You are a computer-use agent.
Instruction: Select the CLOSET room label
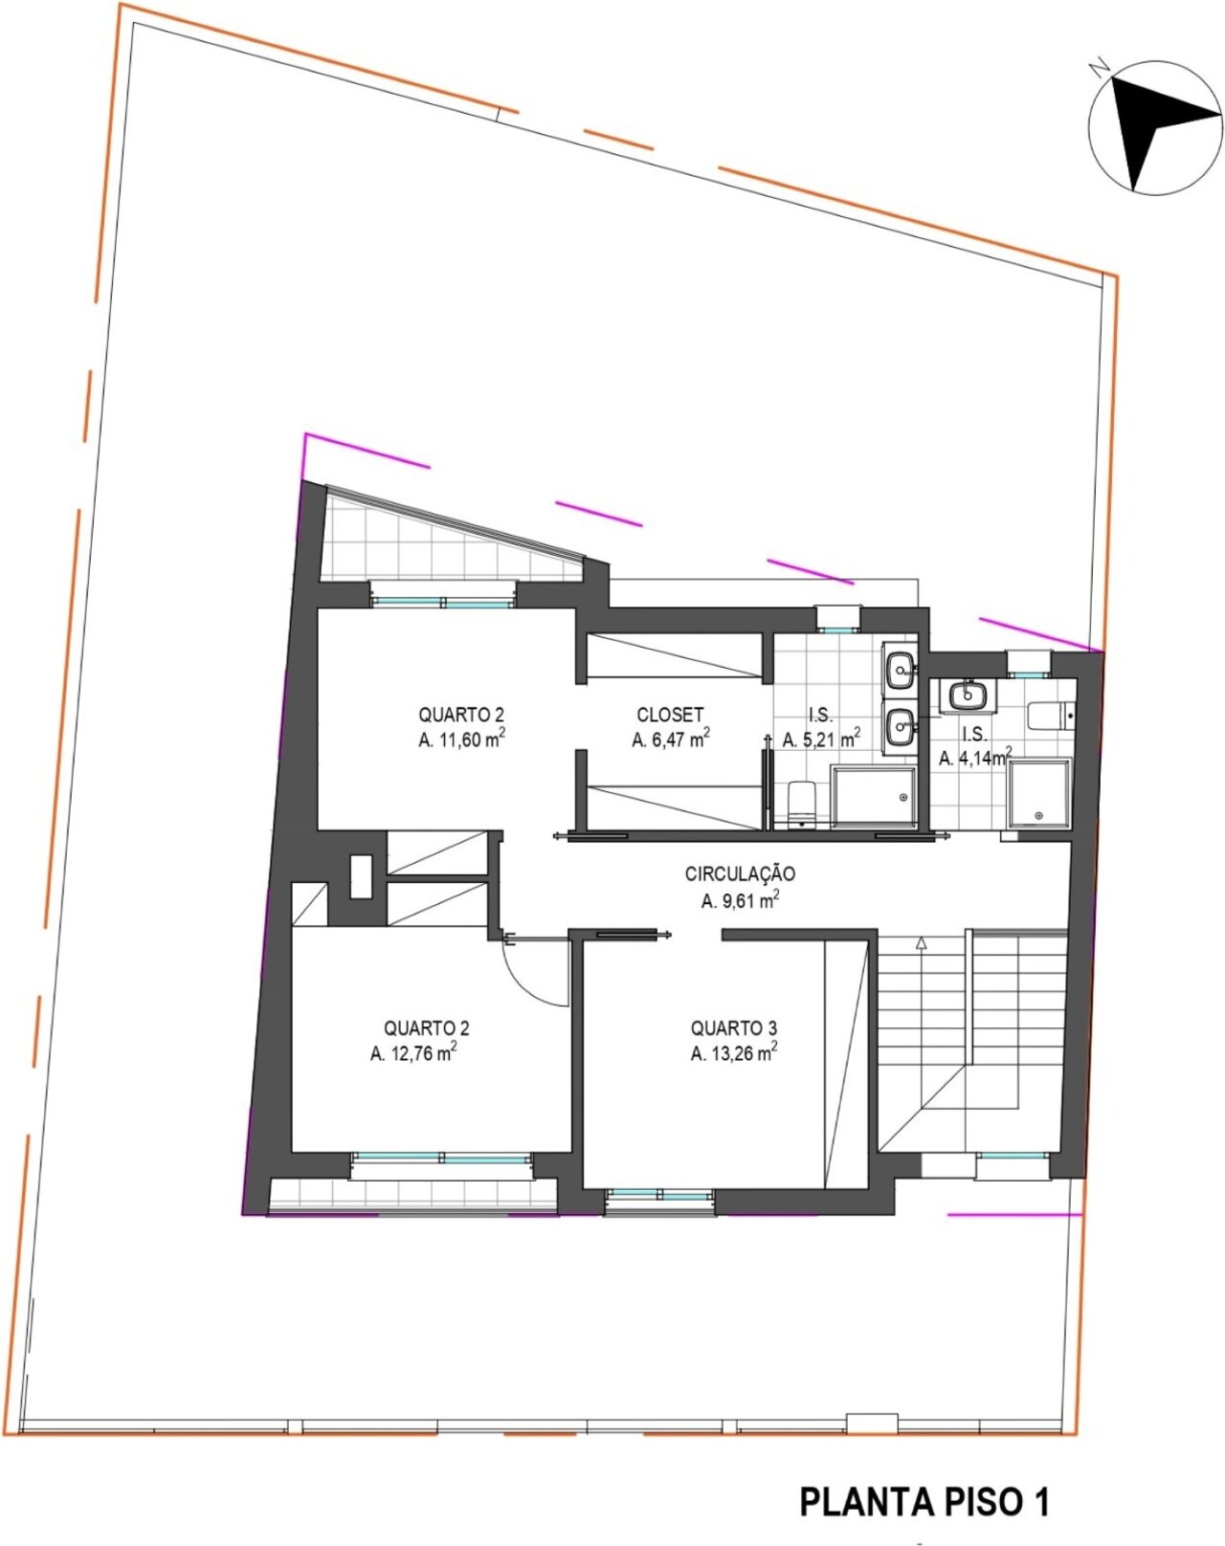670,715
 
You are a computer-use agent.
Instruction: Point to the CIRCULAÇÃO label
740,874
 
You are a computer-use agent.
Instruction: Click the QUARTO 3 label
734,1028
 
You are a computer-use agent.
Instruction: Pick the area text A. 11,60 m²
461,740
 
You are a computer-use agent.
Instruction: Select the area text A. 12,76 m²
413,1053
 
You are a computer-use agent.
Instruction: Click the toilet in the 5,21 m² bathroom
802,804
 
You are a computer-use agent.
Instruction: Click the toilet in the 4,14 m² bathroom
1051,717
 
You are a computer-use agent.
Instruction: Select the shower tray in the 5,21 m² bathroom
874,797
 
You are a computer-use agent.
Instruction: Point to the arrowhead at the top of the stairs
921,942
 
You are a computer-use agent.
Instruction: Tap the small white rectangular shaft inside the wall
361,875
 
